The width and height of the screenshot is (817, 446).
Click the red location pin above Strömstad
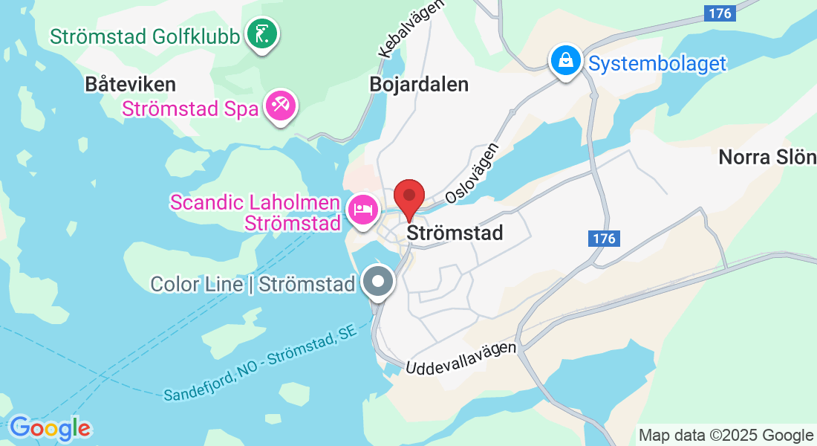click(408, 197)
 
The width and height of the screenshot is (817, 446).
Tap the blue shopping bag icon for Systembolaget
click(566, 60)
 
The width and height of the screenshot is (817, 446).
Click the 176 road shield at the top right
click(720, 13)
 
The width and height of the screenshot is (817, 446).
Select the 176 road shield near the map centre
click(605, 239)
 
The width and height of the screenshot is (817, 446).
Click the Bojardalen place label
click(419, 85)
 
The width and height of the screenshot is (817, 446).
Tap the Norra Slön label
click(767, 158)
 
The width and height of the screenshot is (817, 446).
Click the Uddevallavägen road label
click(460, 358)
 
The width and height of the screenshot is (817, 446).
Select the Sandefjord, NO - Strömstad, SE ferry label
click(260, 363)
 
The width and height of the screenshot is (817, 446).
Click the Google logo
click(50, 428)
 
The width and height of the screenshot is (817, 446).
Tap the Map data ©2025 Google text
click(726, 436)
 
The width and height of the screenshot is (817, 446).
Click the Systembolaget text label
click(657, 64)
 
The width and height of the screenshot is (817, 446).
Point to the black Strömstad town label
click(455, 233)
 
